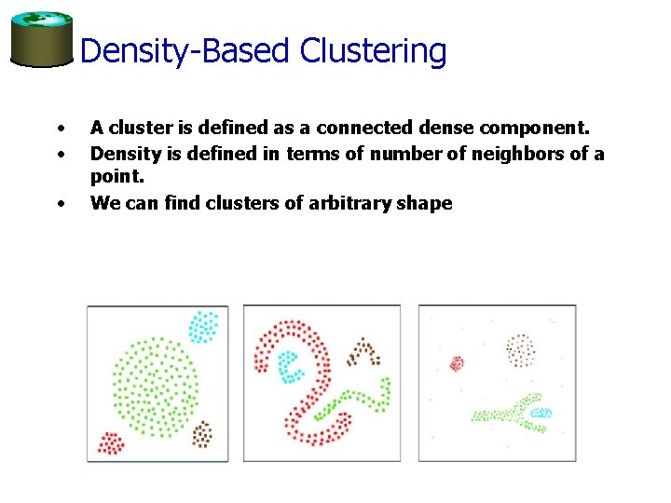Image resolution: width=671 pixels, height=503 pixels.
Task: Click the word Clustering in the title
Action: click(x=373, y=51)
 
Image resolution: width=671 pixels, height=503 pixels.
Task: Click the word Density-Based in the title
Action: click(x=185, y=51)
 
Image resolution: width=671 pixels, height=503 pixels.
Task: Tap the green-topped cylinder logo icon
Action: click(x=41, y=39)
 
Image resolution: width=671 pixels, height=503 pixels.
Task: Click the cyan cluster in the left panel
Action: click(x=203, y=326)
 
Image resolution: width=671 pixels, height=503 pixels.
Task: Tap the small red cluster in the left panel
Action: click(x=110, y=442)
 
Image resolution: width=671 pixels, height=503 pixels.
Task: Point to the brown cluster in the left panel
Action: click(x=201, y=433)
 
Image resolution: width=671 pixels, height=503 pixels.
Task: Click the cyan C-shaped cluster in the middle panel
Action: click(x=290, y=365)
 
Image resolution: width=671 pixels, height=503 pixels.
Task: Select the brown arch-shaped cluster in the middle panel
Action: click(x=363, y=353)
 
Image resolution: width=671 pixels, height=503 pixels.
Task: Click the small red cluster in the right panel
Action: click(x=457, y=363)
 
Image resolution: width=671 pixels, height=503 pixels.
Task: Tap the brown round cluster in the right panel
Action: click(x=520, y=350)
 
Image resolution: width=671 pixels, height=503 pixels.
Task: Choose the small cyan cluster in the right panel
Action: click(x=540, y=412)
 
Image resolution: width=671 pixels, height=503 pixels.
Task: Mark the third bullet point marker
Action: click(x=60, y=202)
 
